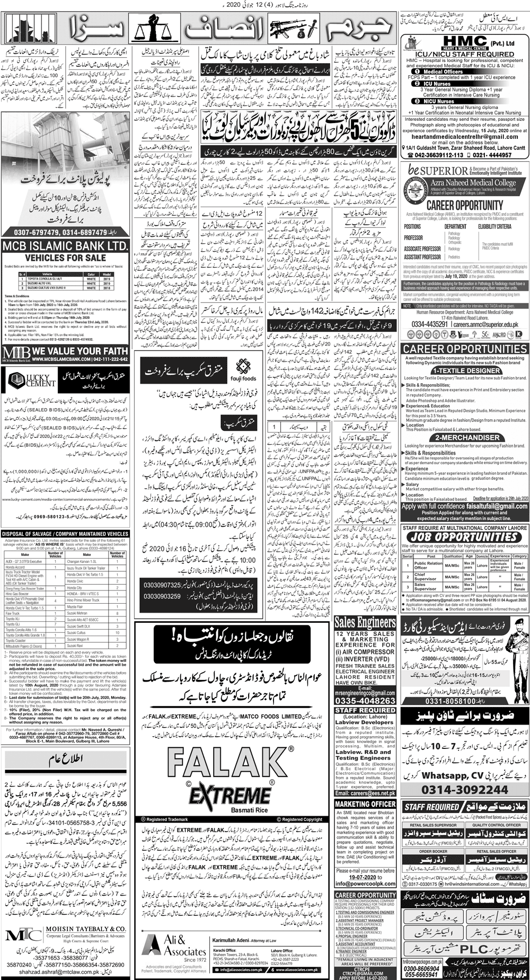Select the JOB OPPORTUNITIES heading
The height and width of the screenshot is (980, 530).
pyautogui.click(x=464, y=537)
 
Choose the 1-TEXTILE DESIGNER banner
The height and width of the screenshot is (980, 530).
pyautogui.click(x=465, y=370)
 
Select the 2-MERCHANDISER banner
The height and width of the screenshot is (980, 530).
pyautogui.click(x=465, y=438)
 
